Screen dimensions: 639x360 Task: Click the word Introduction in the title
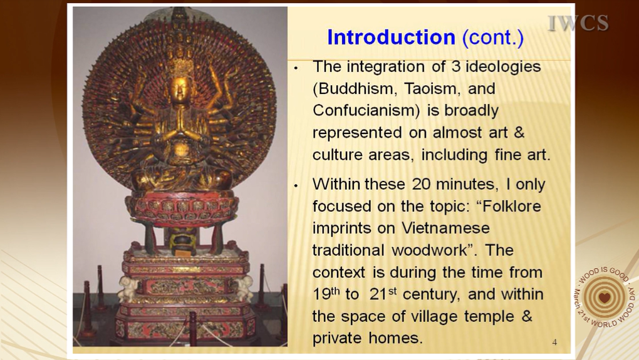tap(391, 38)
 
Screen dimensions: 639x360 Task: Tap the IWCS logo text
tap(578, 23)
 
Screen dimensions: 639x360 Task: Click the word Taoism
tap(432, 89)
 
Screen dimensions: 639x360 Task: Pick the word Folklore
tap(511, 206)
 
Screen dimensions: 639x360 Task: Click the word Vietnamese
tap(446, 228)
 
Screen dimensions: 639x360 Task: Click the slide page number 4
tap(554, 342)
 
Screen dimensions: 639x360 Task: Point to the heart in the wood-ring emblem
tap(605, 297)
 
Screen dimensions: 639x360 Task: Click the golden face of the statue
tap(180, 88)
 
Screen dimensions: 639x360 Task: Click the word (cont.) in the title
tap(492, 38)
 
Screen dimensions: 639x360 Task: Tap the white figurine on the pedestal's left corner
tap(128, 289)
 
